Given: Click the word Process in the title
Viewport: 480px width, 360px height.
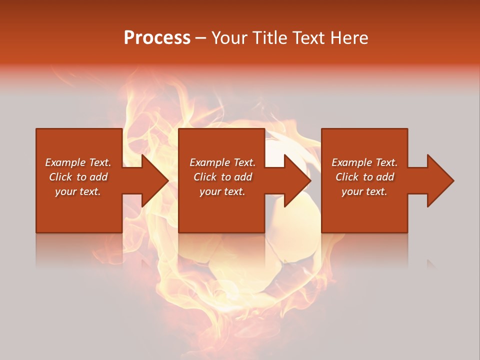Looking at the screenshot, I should (x=157, y=38).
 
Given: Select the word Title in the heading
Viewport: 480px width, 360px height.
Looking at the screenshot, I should (x=271, y=38).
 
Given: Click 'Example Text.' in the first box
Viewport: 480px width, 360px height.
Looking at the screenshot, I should (x=78, y=162).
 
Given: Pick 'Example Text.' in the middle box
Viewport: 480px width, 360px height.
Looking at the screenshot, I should (x=222, y=162).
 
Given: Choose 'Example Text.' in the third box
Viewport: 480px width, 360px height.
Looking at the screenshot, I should (x=364, y=162).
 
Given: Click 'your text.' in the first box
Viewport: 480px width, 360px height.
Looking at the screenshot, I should (x=78, y=191).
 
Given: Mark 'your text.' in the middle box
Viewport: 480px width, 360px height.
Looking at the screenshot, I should (x=222, y=191).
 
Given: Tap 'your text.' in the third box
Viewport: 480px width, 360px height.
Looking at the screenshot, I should (x=364, y=191).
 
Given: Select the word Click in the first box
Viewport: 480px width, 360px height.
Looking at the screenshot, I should (x=60, y=177).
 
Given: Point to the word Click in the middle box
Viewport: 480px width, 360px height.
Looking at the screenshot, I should (x=205, y=177).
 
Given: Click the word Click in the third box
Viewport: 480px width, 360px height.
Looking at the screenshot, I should (x=347, y=177).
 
